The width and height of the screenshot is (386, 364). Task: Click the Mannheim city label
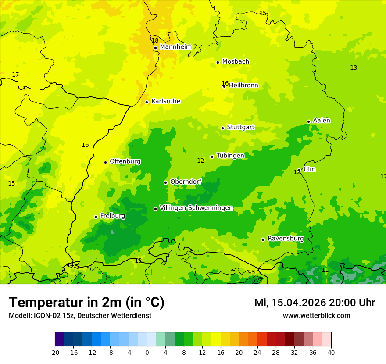coord(176,47)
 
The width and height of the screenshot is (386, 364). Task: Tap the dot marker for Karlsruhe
coord(147,102)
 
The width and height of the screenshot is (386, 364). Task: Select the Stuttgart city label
coord(240,128)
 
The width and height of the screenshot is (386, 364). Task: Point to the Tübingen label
coord(230,156)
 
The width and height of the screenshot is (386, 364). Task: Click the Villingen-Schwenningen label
coord(196,208)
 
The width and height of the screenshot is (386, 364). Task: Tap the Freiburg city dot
coord(96,217)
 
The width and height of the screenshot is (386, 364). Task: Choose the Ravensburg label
coord(286,239)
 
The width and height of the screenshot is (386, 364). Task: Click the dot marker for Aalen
coord(309,121)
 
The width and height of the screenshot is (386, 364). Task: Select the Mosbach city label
coord(236,62)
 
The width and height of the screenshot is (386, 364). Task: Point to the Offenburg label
coord(125,161)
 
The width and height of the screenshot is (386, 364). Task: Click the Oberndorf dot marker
coord(165,182)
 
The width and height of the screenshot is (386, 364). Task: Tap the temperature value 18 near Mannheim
coord(155,40)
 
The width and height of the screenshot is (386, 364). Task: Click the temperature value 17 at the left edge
coord(15,75)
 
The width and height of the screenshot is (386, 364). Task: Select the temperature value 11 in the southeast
coord(325,270)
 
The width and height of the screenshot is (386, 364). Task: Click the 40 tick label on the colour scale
coord(331,352)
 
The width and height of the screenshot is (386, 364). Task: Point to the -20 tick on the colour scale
coord(55,352)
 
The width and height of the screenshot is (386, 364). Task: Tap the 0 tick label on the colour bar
coord(147,352)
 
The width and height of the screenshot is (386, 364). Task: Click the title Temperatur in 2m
coord(86,303)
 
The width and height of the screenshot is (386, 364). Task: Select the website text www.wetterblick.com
coord(316,316)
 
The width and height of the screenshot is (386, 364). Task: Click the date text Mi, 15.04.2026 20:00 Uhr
coord(315,303)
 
